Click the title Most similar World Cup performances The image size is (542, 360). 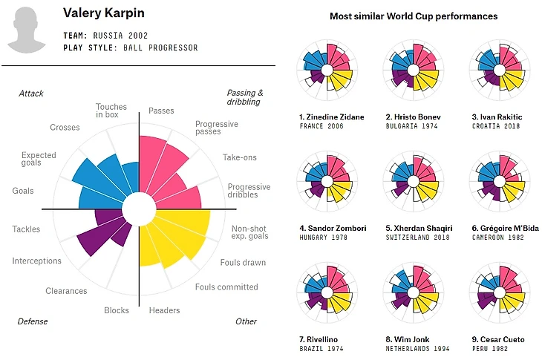pyautogui.click(x=413, y=16)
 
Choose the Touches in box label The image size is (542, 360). pyautogui.click(x=111, y=111)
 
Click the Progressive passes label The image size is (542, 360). pyautogui.click(x=217, y=128)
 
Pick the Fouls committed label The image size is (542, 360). pyautogui.click(x=226, y=287)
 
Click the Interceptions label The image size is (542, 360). pyautogui.click(x=36, y=261)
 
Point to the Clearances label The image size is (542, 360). pyautogui.click(x=66, y=291)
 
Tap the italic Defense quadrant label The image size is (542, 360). pyautogui.click(x=33, y=321)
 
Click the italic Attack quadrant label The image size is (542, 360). pyautogui.click(x=31, y=94)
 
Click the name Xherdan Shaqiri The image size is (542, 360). pyautogui.click(x=413, y=228)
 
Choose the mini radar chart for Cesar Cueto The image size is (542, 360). pyautogui.click(x=498, y=294)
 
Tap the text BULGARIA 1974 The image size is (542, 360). pyautogui.click(x=411, y=126)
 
